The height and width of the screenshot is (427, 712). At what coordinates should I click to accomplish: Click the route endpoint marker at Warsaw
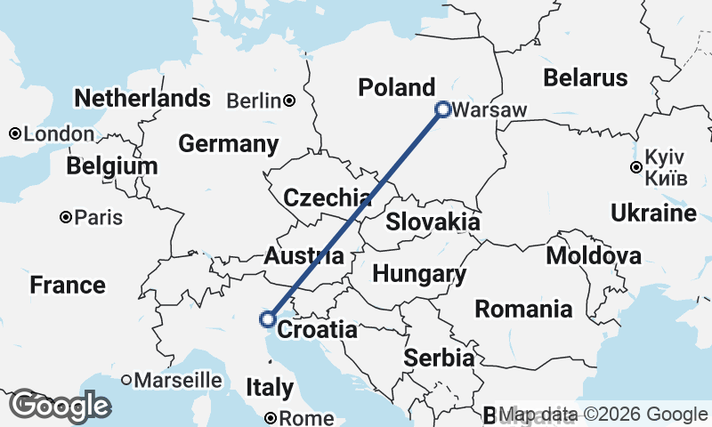pos(442,109)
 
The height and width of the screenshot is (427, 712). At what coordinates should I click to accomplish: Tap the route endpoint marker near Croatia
pos(267,318)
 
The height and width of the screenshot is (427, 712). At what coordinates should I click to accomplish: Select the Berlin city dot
pos(290,101)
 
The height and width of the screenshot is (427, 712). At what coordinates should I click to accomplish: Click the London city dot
pos(15,133)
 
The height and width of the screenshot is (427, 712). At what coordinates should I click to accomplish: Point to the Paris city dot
pos(66,217)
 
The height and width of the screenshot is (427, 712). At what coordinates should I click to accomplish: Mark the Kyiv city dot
pos(635,167)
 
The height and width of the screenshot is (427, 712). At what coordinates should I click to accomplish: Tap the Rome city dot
pos(272,417)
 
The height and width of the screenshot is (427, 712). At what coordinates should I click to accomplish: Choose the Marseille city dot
pos(126,380)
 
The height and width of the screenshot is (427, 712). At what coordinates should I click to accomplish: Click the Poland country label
pos(396,87)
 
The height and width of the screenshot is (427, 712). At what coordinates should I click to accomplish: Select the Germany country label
pos(228,143)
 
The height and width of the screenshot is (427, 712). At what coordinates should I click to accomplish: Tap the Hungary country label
pos(419,274)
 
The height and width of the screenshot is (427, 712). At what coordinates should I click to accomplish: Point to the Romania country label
pos(523,310)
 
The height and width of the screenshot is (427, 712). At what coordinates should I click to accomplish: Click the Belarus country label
pos(586,77)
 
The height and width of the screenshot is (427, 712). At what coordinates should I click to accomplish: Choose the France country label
pos(68,286)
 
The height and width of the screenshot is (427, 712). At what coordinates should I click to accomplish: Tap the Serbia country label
pos(439,358)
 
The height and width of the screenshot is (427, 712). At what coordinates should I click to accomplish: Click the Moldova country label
pos(594,256)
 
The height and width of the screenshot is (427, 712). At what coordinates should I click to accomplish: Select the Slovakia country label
pos(433,222)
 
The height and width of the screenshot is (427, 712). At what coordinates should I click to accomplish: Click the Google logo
pos(60,406)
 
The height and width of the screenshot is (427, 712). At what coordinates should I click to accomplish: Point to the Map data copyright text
pos(603,415)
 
